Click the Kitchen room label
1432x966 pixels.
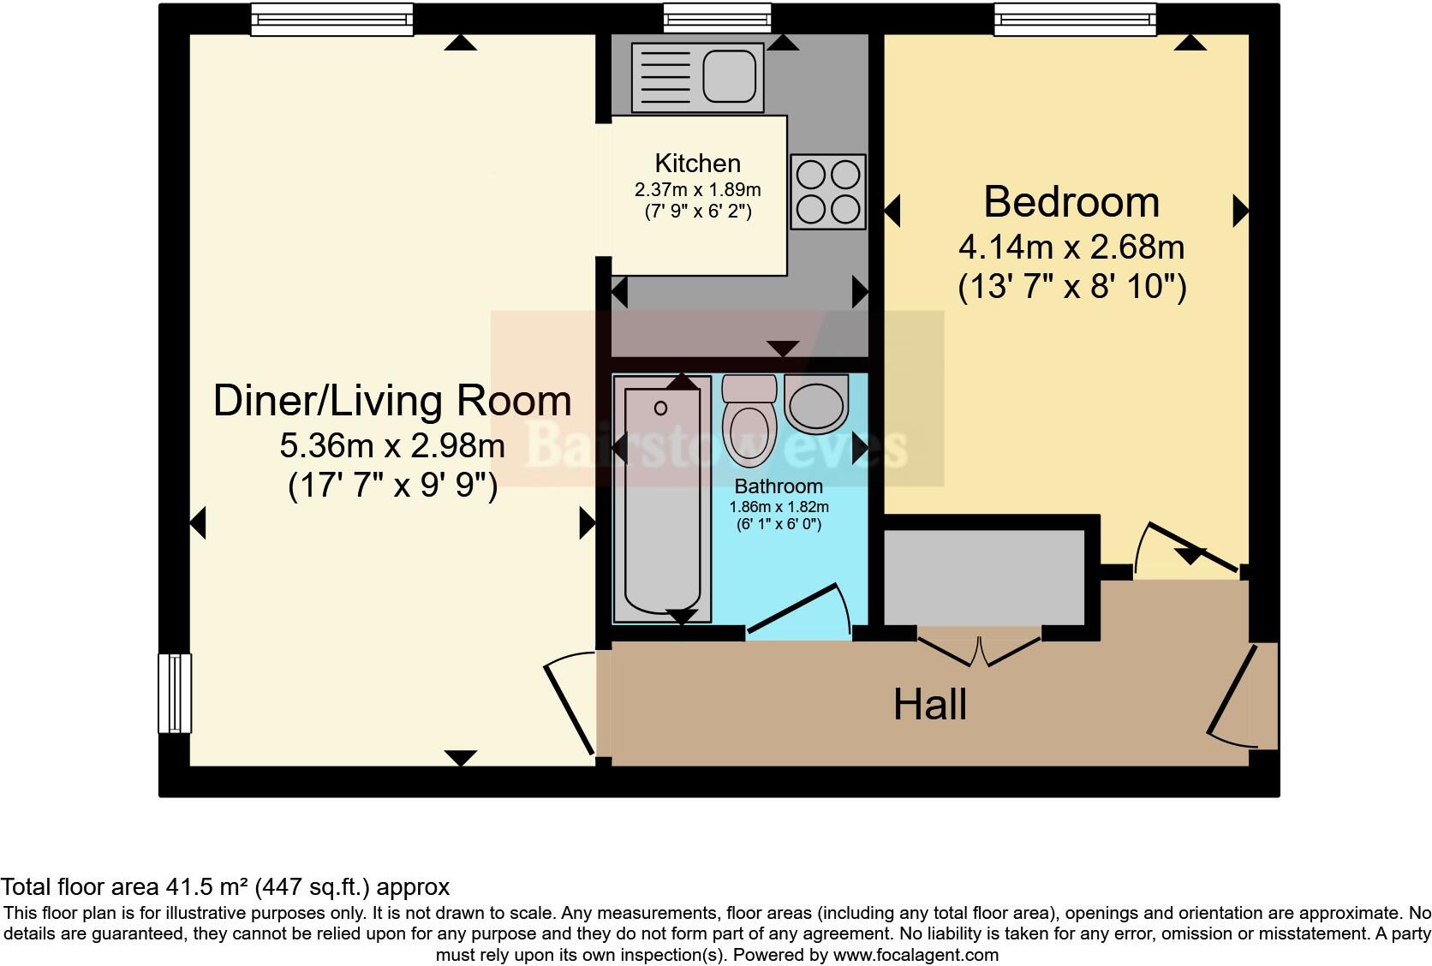pyautogui.click(x=697, y=164)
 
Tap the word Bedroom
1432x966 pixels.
pyautogui.click(x=1071, y=202)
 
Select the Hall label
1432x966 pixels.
pyautogui.click(x=929, y=705)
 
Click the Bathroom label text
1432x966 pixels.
pyautogui.click(x=779, y=486)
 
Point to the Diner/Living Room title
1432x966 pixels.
pyautogui.click(x=392, y=401)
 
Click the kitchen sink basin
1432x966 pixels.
pyautogui.click(x=730, y=77)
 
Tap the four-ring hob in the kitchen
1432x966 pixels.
pyautogui.click(x=828, y=192)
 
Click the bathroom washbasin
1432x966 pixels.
pyautogui.click(x=816, y=404)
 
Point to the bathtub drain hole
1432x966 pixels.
pyautogui.click(x=661, y=408)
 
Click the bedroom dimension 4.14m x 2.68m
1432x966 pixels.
pyautogui.click(x=1071, y=247)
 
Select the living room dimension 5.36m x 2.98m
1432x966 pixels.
pyautogui.click(x=392, y=445)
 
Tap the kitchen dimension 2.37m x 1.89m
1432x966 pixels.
pyautogui.click(x=697, y=190)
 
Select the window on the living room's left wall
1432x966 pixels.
pyautogui.click(x=175, y=693)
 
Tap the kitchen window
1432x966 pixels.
pyautogui.click(x=717, y=19)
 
